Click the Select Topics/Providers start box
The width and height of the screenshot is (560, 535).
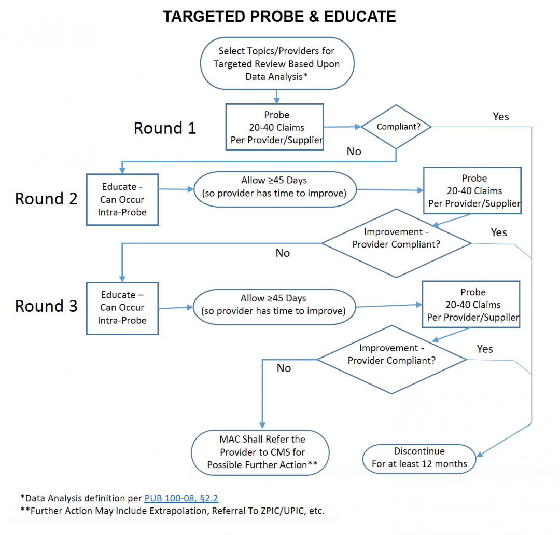(277, 63)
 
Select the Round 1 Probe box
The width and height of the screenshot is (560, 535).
(274, 127)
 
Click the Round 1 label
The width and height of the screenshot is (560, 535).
(165, 128)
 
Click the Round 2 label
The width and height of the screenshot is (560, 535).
(47, 199)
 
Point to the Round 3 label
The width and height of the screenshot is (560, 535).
(47, 306)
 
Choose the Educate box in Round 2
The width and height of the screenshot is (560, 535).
(122, 200)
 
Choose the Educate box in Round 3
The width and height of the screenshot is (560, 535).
(122, 308)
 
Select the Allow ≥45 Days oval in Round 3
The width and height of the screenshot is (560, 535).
(273, 305)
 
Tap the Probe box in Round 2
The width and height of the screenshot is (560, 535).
(472, 191)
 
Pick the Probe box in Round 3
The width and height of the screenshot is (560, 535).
(471, 305)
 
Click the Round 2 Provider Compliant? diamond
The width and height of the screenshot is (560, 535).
(396, 243)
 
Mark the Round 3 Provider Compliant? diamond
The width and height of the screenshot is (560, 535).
(391, 359)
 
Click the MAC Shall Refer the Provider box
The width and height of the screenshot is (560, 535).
(260, 452)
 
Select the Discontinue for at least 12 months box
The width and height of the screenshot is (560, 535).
(419, 457)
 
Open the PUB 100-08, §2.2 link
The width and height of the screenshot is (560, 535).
(181, 499)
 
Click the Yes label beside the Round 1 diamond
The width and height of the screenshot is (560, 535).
(500, 117)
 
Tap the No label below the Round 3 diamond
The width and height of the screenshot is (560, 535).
(284, 368)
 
